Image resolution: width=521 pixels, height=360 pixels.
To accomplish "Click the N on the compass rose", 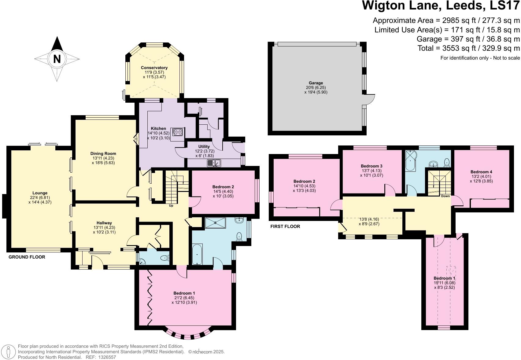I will click(57, 59).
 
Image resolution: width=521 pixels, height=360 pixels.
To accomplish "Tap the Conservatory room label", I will click(154, 68).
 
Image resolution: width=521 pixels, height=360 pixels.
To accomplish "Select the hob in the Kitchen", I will click(178, 132).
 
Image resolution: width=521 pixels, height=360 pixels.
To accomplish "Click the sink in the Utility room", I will click(214, 163).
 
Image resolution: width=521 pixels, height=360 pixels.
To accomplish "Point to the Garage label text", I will click(316, 83).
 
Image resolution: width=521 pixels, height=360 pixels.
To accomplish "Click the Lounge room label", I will click(40, 193).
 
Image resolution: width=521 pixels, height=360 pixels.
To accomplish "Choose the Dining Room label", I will click(103, 153).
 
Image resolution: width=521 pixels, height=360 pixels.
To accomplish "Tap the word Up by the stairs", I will click(171, 205).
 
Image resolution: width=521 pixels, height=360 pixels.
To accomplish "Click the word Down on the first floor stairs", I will click(445, 196).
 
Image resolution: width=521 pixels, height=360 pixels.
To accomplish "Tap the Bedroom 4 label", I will click(481, 172).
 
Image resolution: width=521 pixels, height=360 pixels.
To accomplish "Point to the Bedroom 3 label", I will click(371, 166).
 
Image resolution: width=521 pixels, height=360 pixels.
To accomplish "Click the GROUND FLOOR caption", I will click(27, 257).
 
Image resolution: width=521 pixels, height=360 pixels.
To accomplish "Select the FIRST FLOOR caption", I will click(285, 226).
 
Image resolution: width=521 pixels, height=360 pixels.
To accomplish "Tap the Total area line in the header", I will click(468, 48).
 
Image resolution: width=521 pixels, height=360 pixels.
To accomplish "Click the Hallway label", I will click(104, 223).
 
